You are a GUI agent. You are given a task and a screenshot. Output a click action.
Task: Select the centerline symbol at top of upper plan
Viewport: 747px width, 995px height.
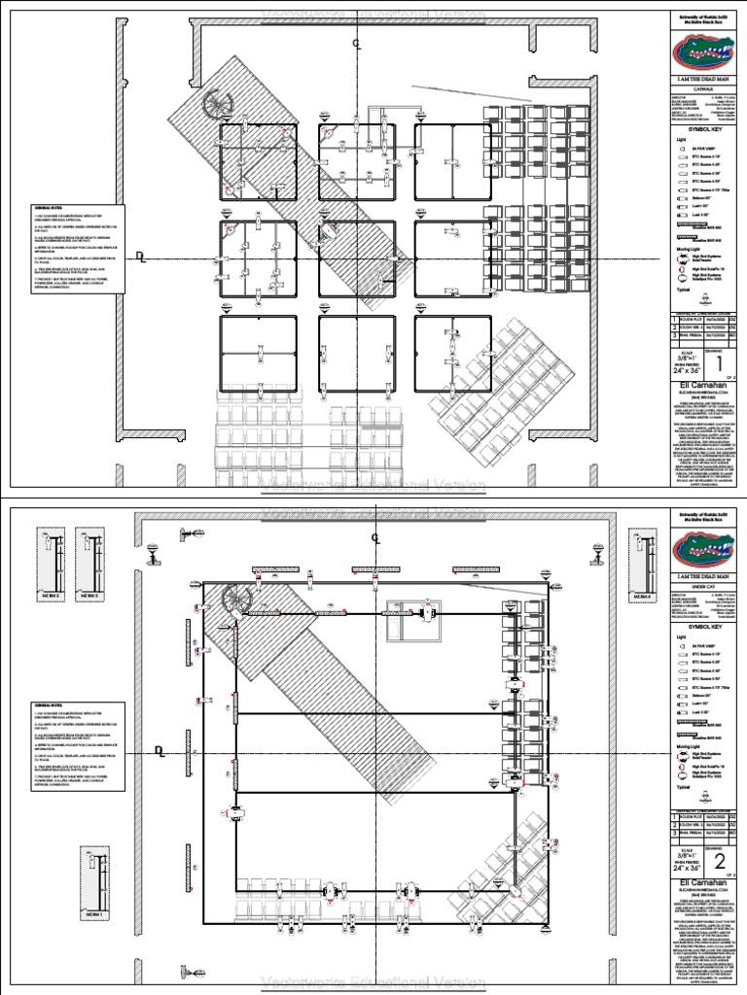(x=356, y=44)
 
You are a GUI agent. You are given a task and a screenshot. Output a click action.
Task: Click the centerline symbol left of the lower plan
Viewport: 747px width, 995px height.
(x=160, y=748)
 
